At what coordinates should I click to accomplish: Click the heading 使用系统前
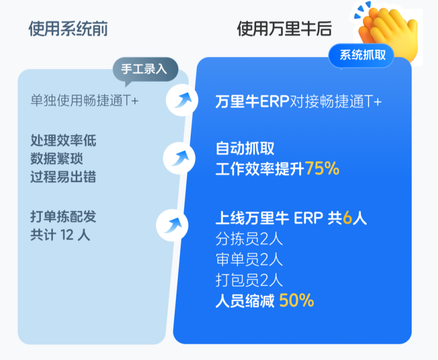point(68,29)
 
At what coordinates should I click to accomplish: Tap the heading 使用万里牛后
point(285,29)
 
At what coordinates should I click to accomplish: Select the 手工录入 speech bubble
point(145,70)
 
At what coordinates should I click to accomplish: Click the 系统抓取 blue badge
point(362,55)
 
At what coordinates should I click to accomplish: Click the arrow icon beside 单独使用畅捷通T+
point(182,100)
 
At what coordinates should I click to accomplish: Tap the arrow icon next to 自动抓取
point(179,158)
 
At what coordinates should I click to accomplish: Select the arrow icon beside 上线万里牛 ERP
point(172,225)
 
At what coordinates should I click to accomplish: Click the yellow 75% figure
point(322,169)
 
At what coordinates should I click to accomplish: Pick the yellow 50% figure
point(296,301)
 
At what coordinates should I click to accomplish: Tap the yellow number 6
point(347,218)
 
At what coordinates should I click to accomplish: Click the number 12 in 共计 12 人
point(67,235)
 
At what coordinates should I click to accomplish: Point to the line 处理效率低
point(63,140)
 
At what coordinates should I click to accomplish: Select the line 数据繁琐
point(56,159)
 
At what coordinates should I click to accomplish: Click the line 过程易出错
point(63,177)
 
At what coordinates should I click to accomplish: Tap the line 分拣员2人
point(249,239)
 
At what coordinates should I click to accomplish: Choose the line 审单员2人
point(249,260)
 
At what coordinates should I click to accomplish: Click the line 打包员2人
point(249,280)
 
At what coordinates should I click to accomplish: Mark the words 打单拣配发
point(63,217)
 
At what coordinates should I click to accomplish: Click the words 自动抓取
point(245,148)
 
